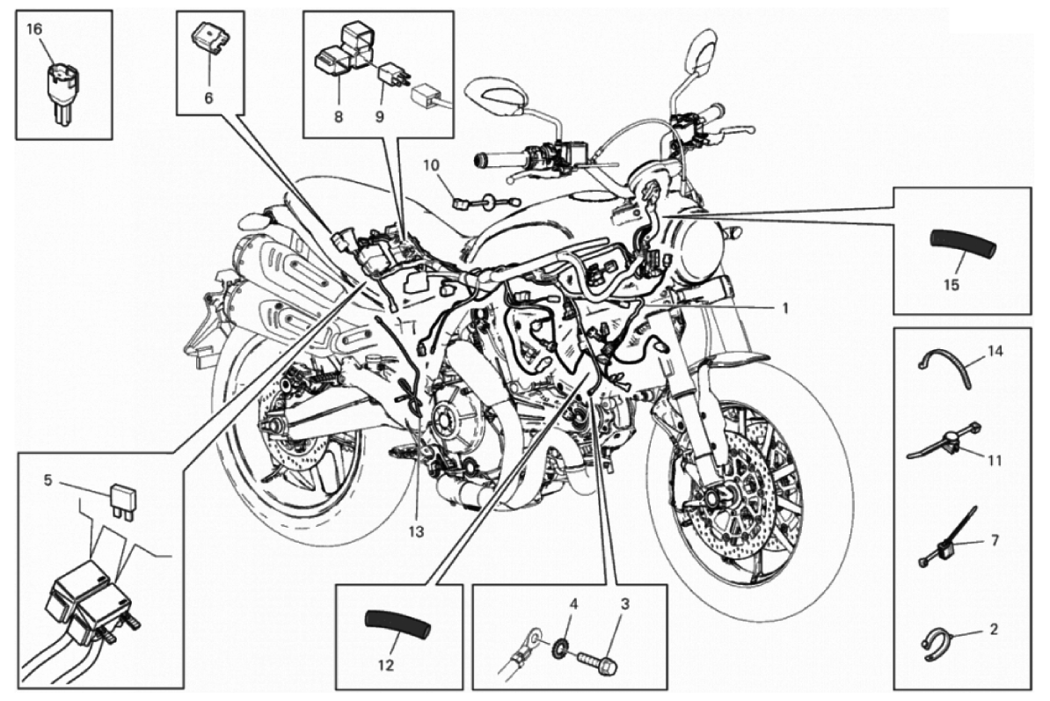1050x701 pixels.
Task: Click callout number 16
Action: click(33, 29)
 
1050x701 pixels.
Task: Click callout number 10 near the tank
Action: click(430, 164)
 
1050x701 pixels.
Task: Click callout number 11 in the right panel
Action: click(994, 460)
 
